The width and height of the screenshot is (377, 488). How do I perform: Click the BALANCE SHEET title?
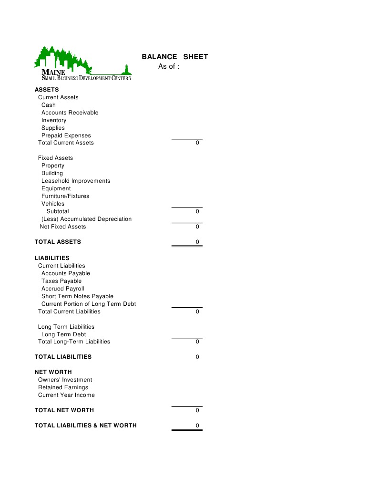click(174, 57)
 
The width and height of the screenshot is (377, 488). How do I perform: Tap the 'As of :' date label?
click(169, 66)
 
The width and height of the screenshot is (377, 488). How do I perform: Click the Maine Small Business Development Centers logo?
click(82, 63)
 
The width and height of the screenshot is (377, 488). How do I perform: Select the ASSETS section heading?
click(47, 90)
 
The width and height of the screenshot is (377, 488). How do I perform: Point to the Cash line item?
click(48, 105)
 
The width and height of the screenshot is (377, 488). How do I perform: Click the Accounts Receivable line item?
click(70, 113)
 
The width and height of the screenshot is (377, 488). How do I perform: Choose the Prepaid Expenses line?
click(66, 135)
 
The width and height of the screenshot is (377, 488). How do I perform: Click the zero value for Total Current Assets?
click(197, 143)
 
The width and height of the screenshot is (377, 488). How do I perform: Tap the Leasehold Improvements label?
click(75, 181)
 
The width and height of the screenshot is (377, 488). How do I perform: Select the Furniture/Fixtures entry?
click(65, 196)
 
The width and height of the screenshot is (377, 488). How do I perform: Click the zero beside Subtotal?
click(197, 211)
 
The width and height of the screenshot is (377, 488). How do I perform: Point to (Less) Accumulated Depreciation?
click(86, 219)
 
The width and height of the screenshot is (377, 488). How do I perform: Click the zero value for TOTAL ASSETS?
click(197, 242)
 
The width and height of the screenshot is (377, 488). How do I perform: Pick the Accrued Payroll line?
click(62, 289)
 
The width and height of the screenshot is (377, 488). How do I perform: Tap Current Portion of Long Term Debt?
click(88, 304)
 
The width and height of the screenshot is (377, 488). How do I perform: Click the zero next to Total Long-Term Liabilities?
click(197, 342)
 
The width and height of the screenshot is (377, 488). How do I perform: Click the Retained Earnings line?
click(63, 387)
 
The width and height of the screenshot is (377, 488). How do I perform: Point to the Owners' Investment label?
click(65, 380)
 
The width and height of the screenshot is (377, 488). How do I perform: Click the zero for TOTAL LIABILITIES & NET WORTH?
click(197, 426)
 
